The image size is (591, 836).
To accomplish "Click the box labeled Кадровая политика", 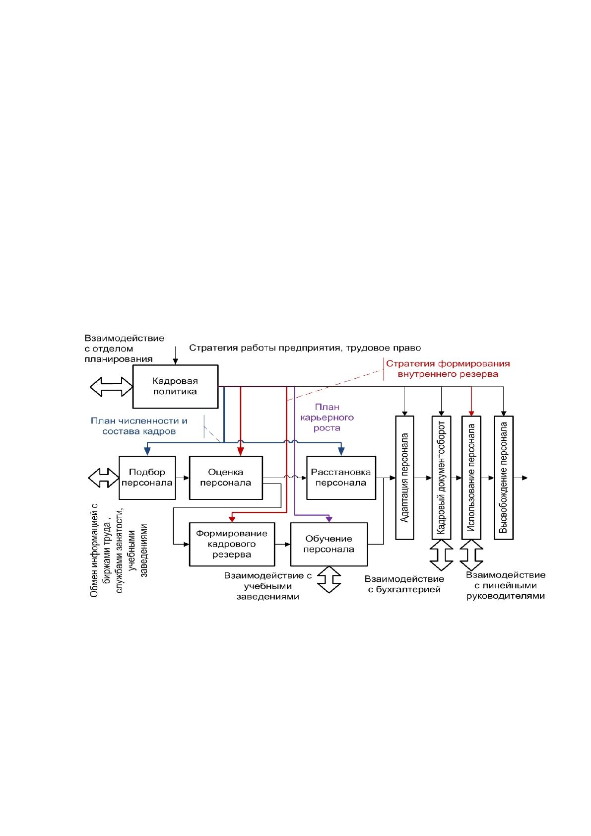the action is (175, 386).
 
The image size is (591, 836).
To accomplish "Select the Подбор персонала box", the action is (147, 478).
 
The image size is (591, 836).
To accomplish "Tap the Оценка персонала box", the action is (226, 478).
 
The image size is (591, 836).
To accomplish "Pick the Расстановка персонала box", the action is (341, 478).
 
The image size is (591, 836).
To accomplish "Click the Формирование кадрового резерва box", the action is (232, 544).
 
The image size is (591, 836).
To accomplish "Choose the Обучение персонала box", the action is (328, 544).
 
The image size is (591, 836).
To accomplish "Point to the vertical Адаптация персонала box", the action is (404, 478).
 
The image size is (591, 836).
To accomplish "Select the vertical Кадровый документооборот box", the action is (441, 478).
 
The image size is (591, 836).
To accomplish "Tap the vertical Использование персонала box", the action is (471, 478).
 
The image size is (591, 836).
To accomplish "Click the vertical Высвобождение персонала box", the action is (503, 478).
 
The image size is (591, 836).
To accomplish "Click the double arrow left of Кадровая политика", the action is (111, 387).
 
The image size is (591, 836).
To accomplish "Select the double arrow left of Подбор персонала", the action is (103, 478).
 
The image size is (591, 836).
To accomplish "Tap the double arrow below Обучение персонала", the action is (328, 580).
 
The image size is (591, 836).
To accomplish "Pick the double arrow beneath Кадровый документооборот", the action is (441, 555).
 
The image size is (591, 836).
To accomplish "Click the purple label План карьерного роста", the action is (327, 417).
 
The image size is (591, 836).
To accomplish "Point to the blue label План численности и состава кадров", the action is (139, 426).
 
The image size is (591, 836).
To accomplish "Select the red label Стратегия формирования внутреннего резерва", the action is (448, 369).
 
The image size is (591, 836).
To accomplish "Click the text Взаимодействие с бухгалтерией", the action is (404, 584).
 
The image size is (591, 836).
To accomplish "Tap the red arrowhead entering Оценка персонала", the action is (240, 452).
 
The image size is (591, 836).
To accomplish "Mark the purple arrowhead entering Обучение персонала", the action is (328, 519).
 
